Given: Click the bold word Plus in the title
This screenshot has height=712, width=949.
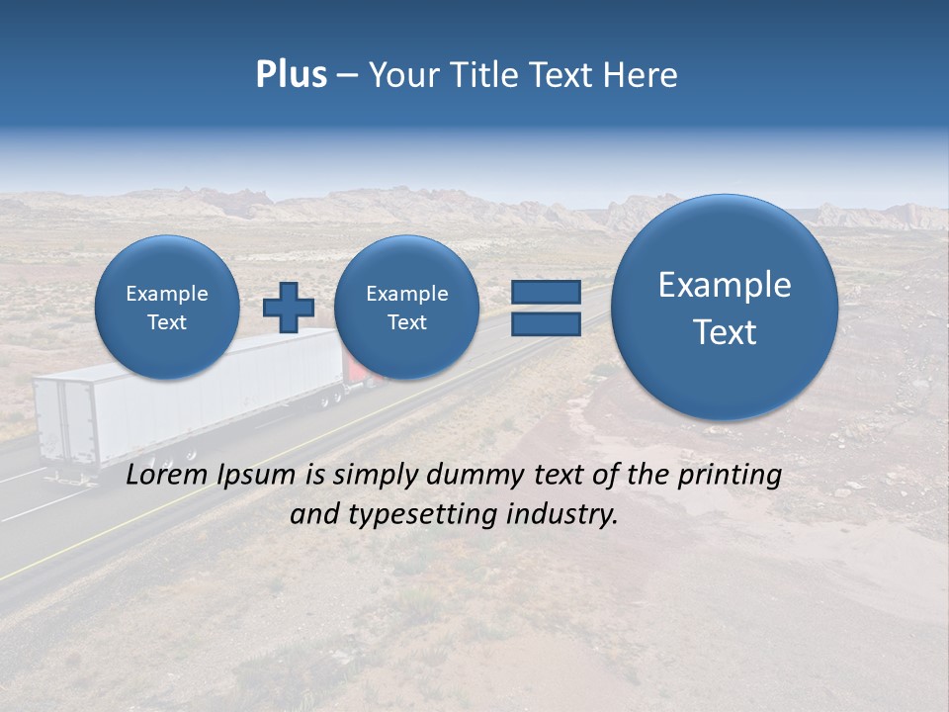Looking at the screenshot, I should (x=291, y=75).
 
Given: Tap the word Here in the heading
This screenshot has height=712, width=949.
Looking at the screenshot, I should (x=640, y=75).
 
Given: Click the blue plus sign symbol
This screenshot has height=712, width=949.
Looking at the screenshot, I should (x=288, y=307).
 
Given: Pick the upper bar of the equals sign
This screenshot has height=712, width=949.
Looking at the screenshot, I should (x=545, y=292).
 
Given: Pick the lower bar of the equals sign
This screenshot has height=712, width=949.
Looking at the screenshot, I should (x=545, y=324).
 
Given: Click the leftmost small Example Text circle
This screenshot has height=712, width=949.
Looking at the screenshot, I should (x=167, y=307).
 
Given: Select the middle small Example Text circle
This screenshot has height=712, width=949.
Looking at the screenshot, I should (x=406, y=307).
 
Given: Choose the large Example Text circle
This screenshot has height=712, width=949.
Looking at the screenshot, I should (x=725, y=308).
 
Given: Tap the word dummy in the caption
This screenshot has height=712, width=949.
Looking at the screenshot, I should (x=473, y=476).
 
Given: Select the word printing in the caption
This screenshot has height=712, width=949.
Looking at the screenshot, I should (x=730, y=476).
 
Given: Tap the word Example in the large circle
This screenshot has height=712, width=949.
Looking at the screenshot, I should (x=725, y=285).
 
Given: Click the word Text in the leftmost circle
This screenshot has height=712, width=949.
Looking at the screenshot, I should (x=167, y=322).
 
